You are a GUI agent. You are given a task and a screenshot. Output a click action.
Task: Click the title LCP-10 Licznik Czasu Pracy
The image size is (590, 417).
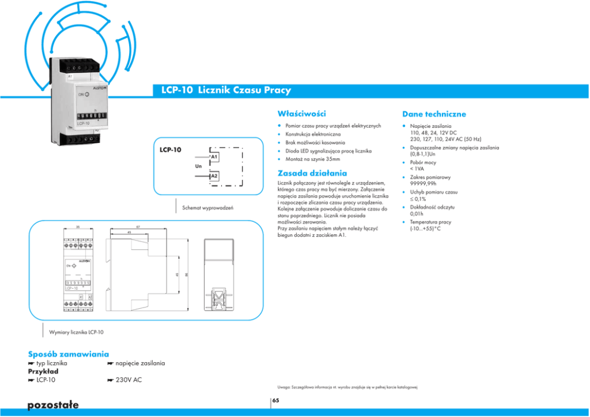(226, 90)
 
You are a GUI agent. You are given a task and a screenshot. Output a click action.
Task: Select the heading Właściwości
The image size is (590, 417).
(302, 113)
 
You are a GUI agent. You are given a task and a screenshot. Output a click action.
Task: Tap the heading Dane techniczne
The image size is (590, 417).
(434, 114)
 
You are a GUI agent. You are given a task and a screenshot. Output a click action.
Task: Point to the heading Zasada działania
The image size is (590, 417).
(312, 173)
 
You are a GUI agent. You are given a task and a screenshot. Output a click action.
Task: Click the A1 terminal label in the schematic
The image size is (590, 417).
(215, 156)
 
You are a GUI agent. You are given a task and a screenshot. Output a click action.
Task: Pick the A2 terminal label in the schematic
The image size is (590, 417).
(215, 177)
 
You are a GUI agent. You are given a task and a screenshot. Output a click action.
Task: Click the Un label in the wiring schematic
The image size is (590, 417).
(199, 166)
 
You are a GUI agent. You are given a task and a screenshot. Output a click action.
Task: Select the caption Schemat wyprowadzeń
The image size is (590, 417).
(208, 208)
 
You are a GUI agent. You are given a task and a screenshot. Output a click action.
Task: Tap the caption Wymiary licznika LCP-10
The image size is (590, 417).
(76, 331)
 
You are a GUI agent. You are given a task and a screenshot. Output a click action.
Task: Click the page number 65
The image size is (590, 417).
(275, 401)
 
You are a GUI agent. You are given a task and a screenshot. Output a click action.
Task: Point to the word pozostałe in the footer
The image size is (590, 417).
(53, 405)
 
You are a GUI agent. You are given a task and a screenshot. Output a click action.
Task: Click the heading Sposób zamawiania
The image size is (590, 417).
(68, 354)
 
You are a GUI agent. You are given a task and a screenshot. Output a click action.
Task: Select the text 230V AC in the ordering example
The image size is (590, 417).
(128, 380)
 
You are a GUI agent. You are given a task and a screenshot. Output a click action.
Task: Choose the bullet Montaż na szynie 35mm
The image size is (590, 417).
(313, 159)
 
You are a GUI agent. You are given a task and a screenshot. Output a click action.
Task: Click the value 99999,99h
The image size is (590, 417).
(423, 184)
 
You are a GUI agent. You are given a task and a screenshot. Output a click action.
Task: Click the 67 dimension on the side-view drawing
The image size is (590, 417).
(138, 227)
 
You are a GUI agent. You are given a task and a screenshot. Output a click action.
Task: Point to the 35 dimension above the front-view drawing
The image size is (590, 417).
(78, 227)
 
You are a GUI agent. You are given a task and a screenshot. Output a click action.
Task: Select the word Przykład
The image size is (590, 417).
(43, 371)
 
